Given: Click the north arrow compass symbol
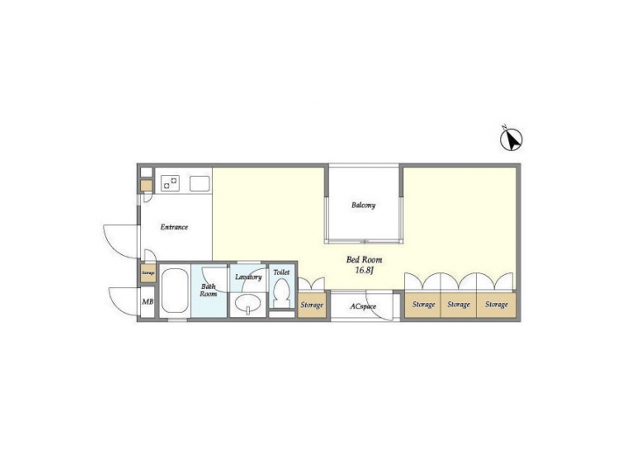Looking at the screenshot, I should click(512, 138).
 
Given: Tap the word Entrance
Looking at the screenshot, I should click(174, 228).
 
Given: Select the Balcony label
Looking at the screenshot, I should click(364, 206).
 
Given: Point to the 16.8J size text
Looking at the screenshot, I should click(364, 271).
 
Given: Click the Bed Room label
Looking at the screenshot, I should click(364, 259).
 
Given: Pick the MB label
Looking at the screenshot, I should click(147, 303).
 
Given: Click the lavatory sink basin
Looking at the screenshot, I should click(249, 304).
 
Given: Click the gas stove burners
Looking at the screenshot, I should click(172, 183).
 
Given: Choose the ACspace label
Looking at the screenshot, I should click(363, 307).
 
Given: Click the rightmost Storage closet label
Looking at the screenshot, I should click(497, 305).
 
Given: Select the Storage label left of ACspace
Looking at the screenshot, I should click(311, 305).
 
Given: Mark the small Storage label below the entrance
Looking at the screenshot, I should click(147, 273).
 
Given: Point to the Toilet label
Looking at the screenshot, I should click(281, 273).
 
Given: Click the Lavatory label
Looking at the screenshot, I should click(249, 278).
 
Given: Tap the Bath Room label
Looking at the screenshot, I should click(209, 290).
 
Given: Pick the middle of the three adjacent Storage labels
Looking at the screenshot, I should click(458, 305).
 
